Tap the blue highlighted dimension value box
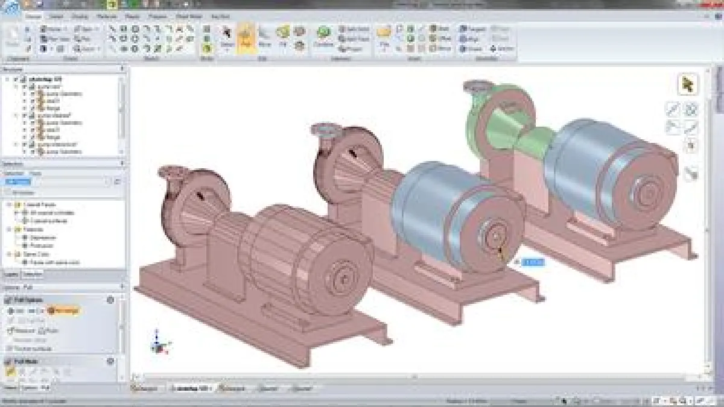click(533, 262)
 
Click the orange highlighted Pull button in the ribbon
click(246, 37)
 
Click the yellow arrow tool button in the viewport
click(687, 84)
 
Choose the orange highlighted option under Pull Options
click(65, 311)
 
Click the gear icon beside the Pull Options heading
click(110, 300)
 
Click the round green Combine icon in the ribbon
click(324, 33)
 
